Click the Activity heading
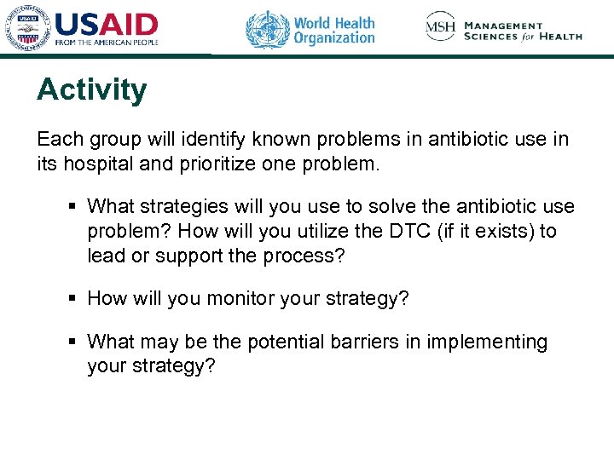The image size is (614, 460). pyautogui.click(x=91, y=89)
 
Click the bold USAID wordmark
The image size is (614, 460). pyautogui.click(x=107, y=24)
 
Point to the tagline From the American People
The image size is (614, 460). pyautogui.click(x=107, y=42)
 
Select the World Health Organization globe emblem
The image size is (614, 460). pyautogui.click(x=267, y=29)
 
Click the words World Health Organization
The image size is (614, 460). pyautogui.click(x=334, y=30)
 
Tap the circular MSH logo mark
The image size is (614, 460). pyautogui.click(x=441, y=27)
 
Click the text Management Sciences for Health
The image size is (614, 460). pyautogui.click(x=523, y=32)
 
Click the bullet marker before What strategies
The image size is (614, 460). pyautogui.click(x=75, y=207)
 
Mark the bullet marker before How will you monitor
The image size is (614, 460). pyautogui.click(x=75, y=298)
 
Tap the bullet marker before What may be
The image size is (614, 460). pyautogui.click(x=75, y=342)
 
